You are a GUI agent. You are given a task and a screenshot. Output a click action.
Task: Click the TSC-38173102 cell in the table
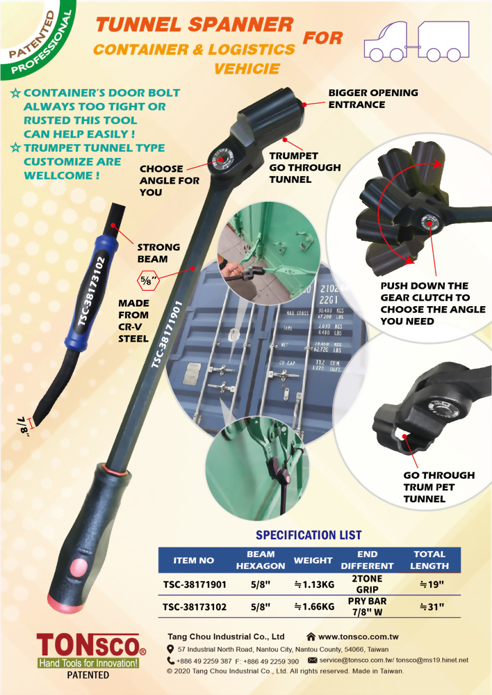tap(195, 607)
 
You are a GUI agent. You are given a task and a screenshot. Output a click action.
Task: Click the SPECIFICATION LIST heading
tap(309, 535)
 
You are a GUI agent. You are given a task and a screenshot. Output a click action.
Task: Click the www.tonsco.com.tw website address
tap(358, 637)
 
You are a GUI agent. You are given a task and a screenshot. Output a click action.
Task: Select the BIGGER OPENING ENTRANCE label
tap(373, 98)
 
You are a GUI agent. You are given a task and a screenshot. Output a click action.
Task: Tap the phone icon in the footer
tap(171, 660)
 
